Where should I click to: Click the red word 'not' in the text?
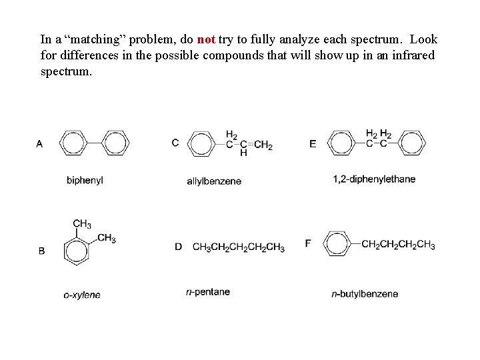click(205, 39)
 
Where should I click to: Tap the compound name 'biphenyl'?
click(85, 180)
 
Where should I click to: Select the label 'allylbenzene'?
click(214, 181)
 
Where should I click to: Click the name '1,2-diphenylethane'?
click(374, 179)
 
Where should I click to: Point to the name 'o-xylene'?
click(82, 295)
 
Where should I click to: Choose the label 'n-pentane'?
click(208, 292)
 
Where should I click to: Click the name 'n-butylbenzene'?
click(365, 294)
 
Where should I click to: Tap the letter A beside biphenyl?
click(40, 143)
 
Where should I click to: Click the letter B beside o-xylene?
click(42, 251)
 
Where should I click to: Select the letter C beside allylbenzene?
click(175, 143)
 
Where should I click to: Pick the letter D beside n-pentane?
click(178, 247)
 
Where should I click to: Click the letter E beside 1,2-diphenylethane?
click(313, 143)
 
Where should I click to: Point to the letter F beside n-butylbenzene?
click(308, 243)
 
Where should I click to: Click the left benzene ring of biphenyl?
click(73, 143)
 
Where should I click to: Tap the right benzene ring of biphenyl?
click(115, 143)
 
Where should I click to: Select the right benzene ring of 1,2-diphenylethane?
click(411, 143)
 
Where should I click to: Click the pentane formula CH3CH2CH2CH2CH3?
click(238, 247)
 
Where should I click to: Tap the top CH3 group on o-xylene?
click(82, 224)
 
